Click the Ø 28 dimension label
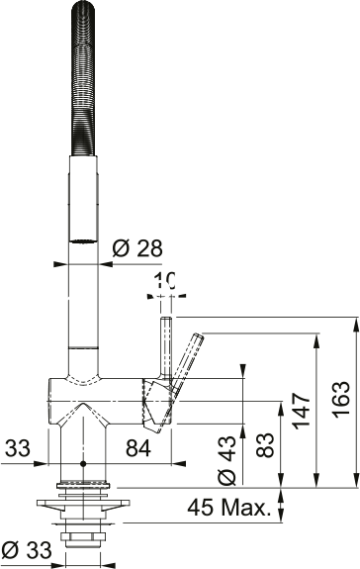point(137,249)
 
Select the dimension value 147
point(302,411)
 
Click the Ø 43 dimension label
point(227,460)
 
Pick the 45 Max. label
point(229,507)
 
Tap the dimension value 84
point(138,448)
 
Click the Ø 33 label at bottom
point(27,550)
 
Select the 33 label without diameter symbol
point(17,448)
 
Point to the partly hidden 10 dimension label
point(164,280)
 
